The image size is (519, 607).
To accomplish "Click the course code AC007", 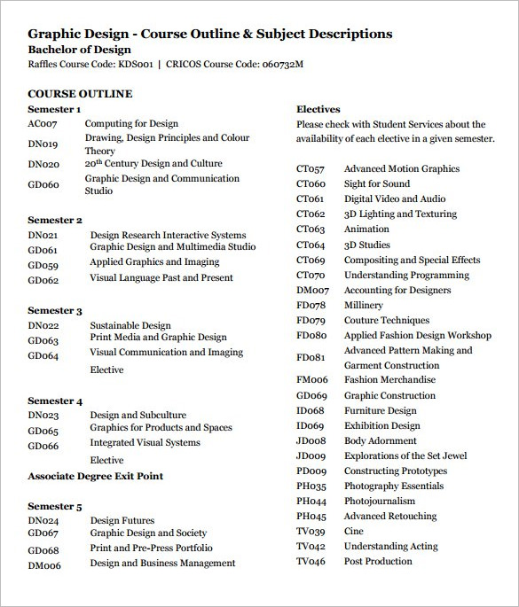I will point(43,124).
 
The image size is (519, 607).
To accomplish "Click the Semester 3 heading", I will point(55,311).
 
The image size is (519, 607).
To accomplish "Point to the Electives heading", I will point(318,109).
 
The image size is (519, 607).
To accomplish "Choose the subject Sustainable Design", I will point(131,325).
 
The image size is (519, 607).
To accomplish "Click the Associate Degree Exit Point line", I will point(95,476).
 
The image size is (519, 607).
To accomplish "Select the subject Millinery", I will point(364,305).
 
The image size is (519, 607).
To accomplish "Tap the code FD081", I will point(311,358).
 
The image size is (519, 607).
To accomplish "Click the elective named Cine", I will point(354,531).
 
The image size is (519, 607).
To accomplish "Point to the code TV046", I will point(311,562).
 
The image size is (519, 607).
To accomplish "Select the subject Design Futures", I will point(122,521).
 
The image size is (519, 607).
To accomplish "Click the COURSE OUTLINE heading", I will point(80,93).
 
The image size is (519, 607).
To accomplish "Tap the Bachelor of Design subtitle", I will point(79,50).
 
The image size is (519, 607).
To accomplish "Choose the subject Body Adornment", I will point(380,440).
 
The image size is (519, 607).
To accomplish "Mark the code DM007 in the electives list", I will point(312,291).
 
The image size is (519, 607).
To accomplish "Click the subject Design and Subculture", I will point(138,415).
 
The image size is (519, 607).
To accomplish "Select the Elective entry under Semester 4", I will point(106,460).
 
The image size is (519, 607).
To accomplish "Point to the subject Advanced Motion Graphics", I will point(402,168).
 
